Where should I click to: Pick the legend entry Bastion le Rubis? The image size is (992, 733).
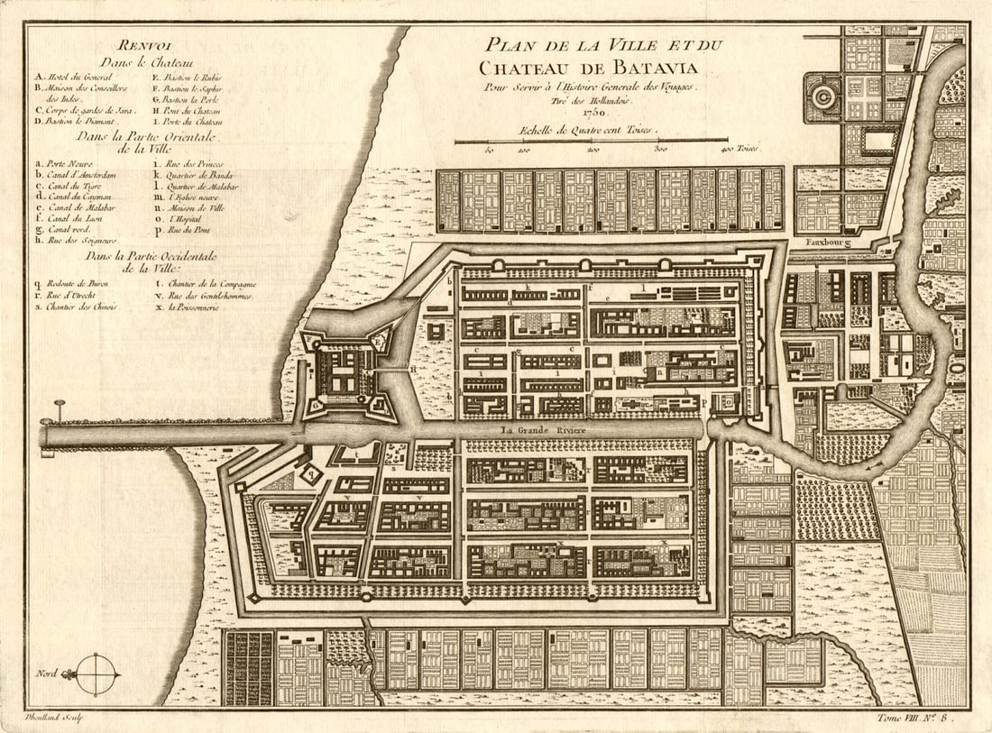coord(188,78)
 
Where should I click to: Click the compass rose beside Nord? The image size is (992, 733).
coord(97,673)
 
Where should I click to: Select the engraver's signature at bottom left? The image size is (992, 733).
coord(53,717)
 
